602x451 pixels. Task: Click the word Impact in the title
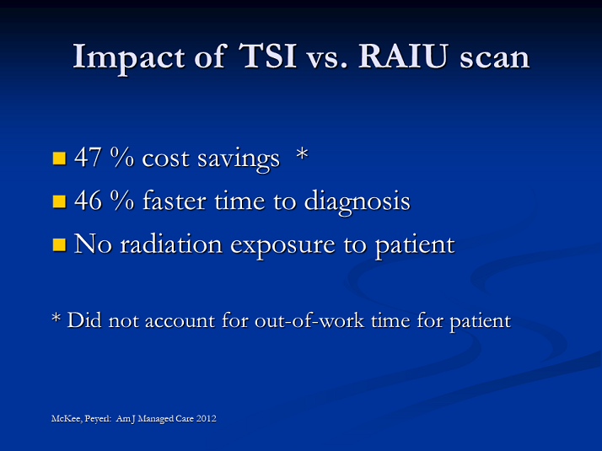129,58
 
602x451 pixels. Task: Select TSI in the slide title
267,56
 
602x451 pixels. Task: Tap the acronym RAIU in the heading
403,56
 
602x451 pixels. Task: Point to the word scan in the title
494,58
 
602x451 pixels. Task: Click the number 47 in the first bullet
88,157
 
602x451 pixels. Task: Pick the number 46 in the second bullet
88,200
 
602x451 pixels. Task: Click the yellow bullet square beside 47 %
59,158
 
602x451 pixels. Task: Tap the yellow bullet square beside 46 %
59,201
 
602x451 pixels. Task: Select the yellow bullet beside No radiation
59,244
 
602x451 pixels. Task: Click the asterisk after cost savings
303,154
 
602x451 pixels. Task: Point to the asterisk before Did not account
56,318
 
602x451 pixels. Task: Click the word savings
239,159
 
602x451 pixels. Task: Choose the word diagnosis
357,201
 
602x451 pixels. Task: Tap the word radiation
171,244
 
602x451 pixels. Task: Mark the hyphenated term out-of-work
309,320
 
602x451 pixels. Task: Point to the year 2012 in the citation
207,418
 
